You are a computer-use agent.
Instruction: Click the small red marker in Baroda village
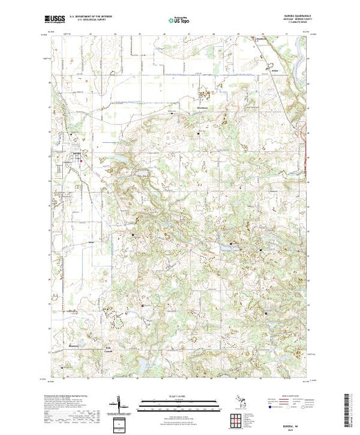[82, 162]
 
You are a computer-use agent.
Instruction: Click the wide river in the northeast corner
[296, 69]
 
